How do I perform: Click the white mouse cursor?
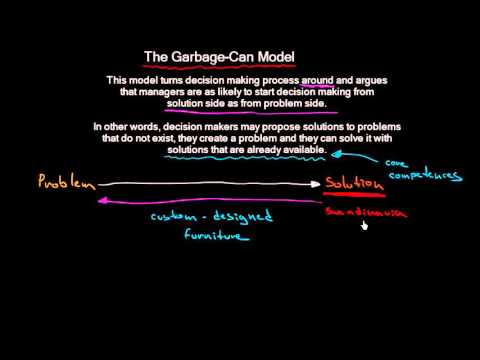point(365,225)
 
